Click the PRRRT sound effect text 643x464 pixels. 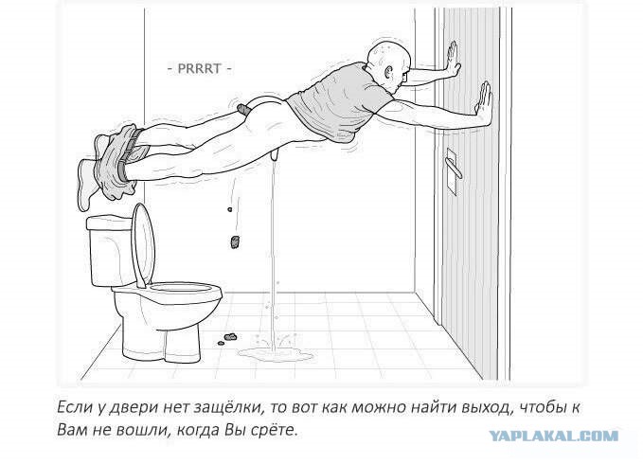coord(199,68)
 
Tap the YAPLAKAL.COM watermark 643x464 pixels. coord(554,436)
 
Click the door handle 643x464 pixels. coord(453,168)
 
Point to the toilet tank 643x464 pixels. coord(110,251)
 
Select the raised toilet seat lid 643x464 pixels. coord(144,244)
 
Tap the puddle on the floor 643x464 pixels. coord(276,353)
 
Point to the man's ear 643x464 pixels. coord(388,73)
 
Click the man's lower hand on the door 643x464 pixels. coord(484,102)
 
